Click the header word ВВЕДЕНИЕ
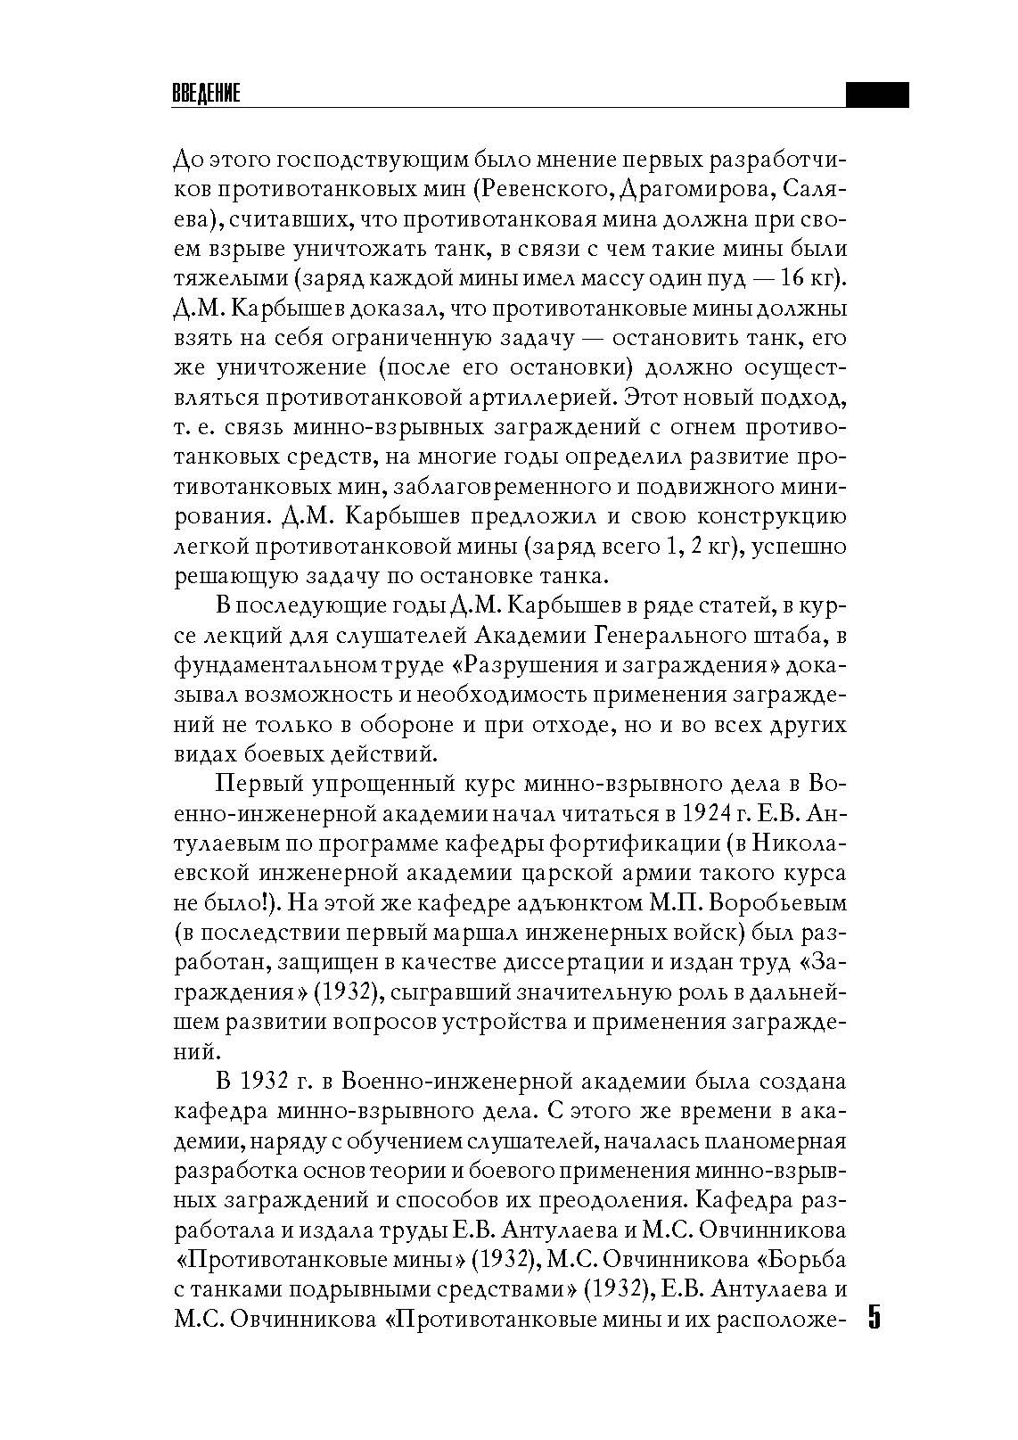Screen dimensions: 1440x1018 206,95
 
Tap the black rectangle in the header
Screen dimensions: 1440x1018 876,95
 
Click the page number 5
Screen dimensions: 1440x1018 874,1317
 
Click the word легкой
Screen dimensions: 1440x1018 212,547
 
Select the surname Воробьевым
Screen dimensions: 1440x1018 776,903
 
